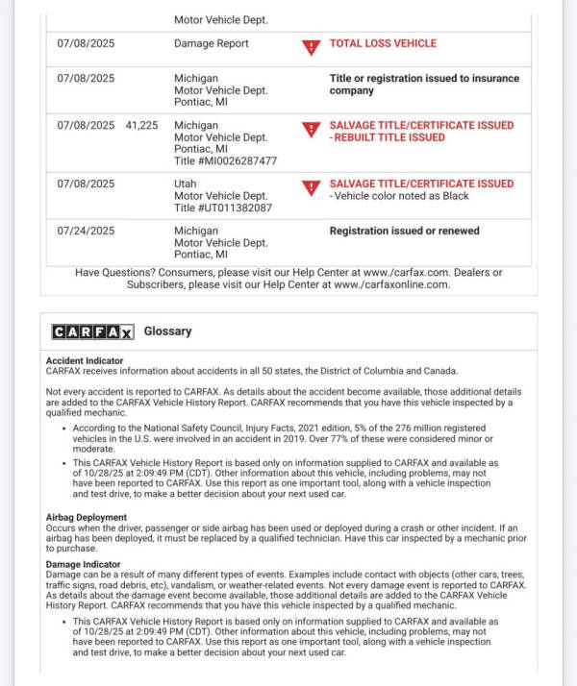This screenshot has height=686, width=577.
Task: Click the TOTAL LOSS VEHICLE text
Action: [x=383, y=43]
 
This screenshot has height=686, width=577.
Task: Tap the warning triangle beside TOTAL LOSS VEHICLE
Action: [x=311, y=46]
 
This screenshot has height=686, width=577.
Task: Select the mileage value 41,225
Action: [x=141, y=126]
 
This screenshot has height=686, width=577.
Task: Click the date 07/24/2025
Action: [x=86, y=232]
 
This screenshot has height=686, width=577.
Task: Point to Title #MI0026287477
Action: [x=225, y=161]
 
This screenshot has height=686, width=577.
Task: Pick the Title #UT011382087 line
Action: [x=223, y=208]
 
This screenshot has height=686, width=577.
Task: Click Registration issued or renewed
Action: [x=404, y=232]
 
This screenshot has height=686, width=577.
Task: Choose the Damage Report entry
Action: [x=211, y=43]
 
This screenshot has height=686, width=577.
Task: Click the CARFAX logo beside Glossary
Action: [x=92, y=331]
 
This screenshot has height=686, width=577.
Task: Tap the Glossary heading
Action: [x=167, y=331]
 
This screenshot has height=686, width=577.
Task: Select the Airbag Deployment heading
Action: [x=87, y=517]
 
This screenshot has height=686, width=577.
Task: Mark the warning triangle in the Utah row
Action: [x=311, y=186]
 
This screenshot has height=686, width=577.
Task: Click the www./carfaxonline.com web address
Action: [x=389, y=284]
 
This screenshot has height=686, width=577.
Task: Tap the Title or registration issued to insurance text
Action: [x=424, y=79]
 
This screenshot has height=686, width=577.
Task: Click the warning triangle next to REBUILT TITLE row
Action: [x=311, y=129]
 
